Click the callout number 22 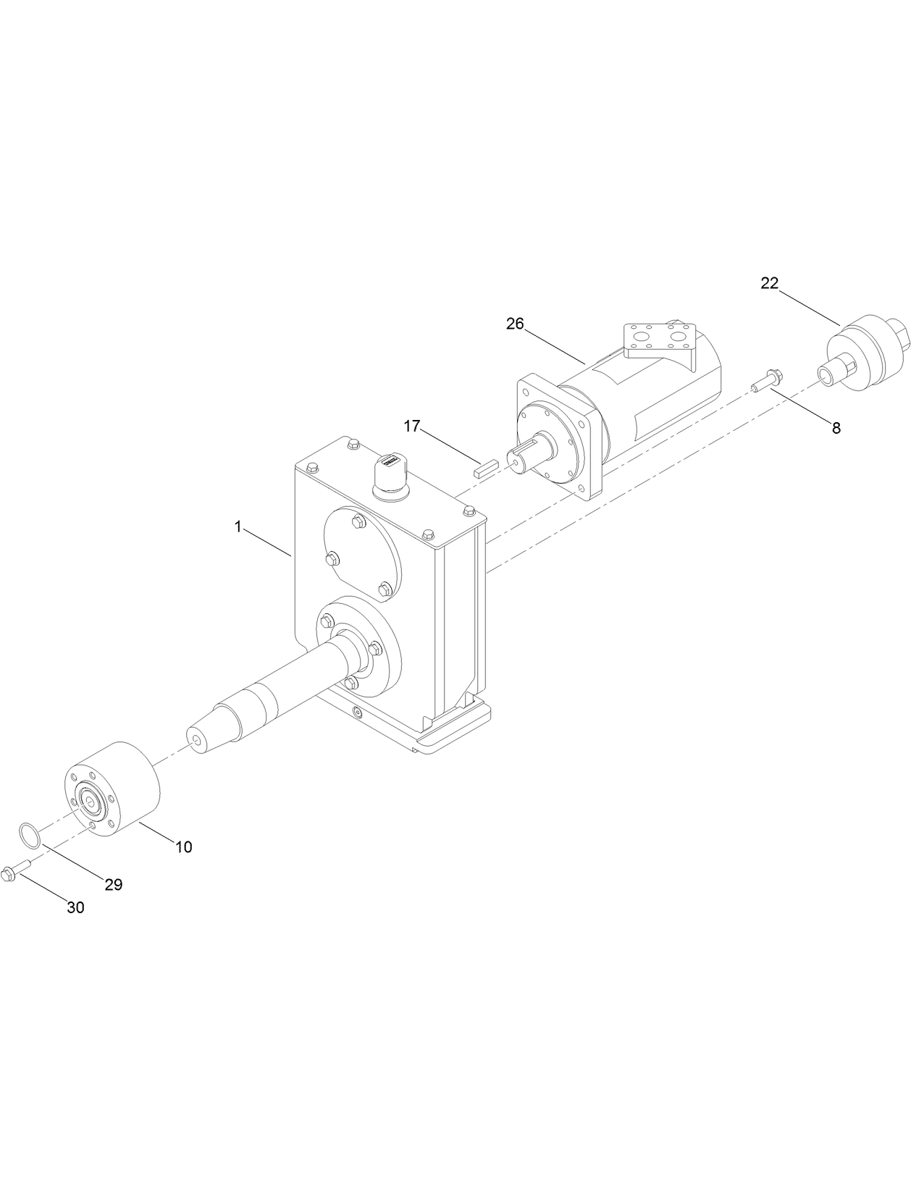click(x=768, y=284)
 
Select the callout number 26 click(x=514, y=324)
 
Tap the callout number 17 click(x=411, y=427)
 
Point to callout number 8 click(x=836, y=428)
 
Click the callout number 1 click(x=238, y=527)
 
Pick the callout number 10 click(x=184, y=847)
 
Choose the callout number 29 click(x=113, y=885)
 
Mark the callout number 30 click(x=75, y=908)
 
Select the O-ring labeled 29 click(x=28, y=835)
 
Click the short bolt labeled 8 click(x=767, y=381)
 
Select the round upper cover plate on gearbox click(x=360, y=550)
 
